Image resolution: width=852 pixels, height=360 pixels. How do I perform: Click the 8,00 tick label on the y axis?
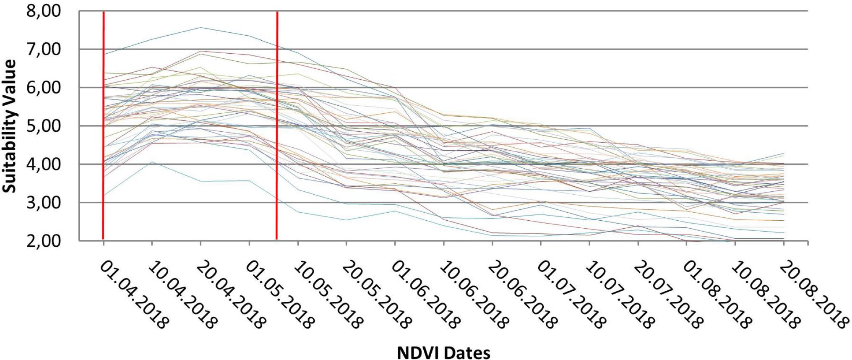pyautogui.click(x=44, y=11)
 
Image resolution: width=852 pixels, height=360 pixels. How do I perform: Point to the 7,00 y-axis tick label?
pyautogui.click(x=44, y=49)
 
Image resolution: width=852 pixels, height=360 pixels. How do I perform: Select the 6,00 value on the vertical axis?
pyautogui.click(x=44, y=88)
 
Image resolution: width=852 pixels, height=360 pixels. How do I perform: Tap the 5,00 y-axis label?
pyautogui.click(x=44, y=126)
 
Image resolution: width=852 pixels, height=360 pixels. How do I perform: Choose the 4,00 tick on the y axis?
pyautogui.click(x=44, y=164)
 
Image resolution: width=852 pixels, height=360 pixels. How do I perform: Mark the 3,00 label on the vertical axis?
pyautogui.click(x=44, y=203)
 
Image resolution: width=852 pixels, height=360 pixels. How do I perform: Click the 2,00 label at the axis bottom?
pyautogui.click(x=44, y=241)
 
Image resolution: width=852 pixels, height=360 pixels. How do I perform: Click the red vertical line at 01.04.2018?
pyautogui.click(x=103, y=126)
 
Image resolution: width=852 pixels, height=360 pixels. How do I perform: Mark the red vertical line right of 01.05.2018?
pyautogui.click(x=277, y=126)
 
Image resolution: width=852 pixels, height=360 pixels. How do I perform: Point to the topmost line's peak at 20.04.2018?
pyautogui.click(x=201, y=28)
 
